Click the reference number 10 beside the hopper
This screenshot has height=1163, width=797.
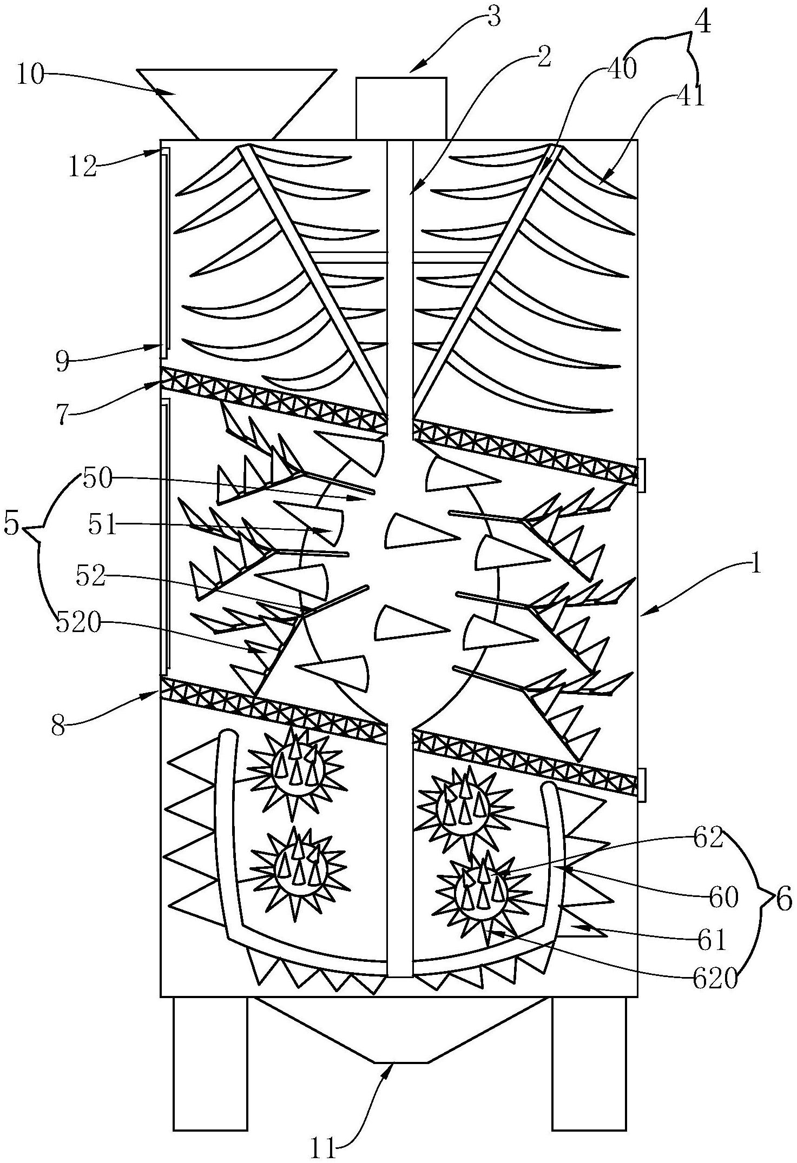pyautogui.click(x=30, y=76)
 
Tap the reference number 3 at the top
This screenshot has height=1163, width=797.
pyautogui.click(x=493, y=18)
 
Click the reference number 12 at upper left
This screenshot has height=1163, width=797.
pyautogui.click(x=82, y=166)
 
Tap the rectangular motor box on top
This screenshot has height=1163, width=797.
pyautogui.click(x=401, y=108)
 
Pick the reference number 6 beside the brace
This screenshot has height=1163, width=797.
pyautogui.click(x=783, y=901)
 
